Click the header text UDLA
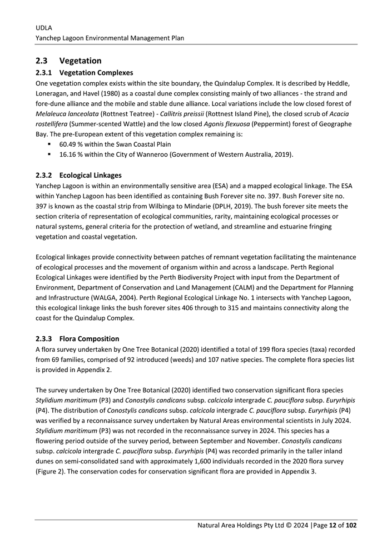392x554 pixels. coord(43,26)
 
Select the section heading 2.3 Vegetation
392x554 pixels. coord(68,61)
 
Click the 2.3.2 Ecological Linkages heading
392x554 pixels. coord(78,175)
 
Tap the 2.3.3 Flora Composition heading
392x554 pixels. coord(77,338)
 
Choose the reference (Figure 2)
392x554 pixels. coord(54,472)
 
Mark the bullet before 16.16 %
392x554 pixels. coord(50,153)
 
